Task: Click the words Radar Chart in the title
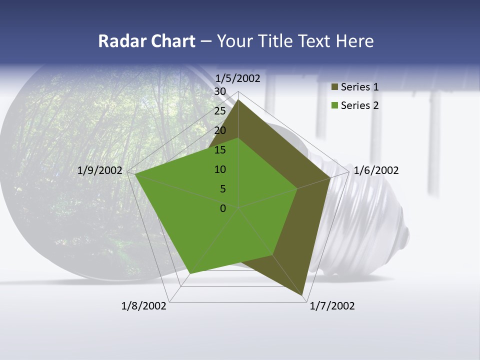[x=146, y=41]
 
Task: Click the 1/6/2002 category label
[x=376, y=170]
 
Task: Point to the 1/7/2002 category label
[x=332, y=306]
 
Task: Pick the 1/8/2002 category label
[x=144, y=306]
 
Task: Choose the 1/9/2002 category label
[x=100, y=170]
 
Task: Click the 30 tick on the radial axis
[x=220, y=91]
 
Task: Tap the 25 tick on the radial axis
[x=220, y=111]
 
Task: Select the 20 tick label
[x=220, y=130]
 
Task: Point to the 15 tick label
[x=220, y=150]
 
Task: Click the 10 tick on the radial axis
[x=220, y=169]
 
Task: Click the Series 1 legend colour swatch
[x=335, y=87]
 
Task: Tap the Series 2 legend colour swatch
[x=335, y=105]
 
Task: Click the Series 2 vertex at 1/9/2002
[x=135, y=174]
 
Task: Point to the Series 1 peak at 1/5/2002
[x=238, y=100]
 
